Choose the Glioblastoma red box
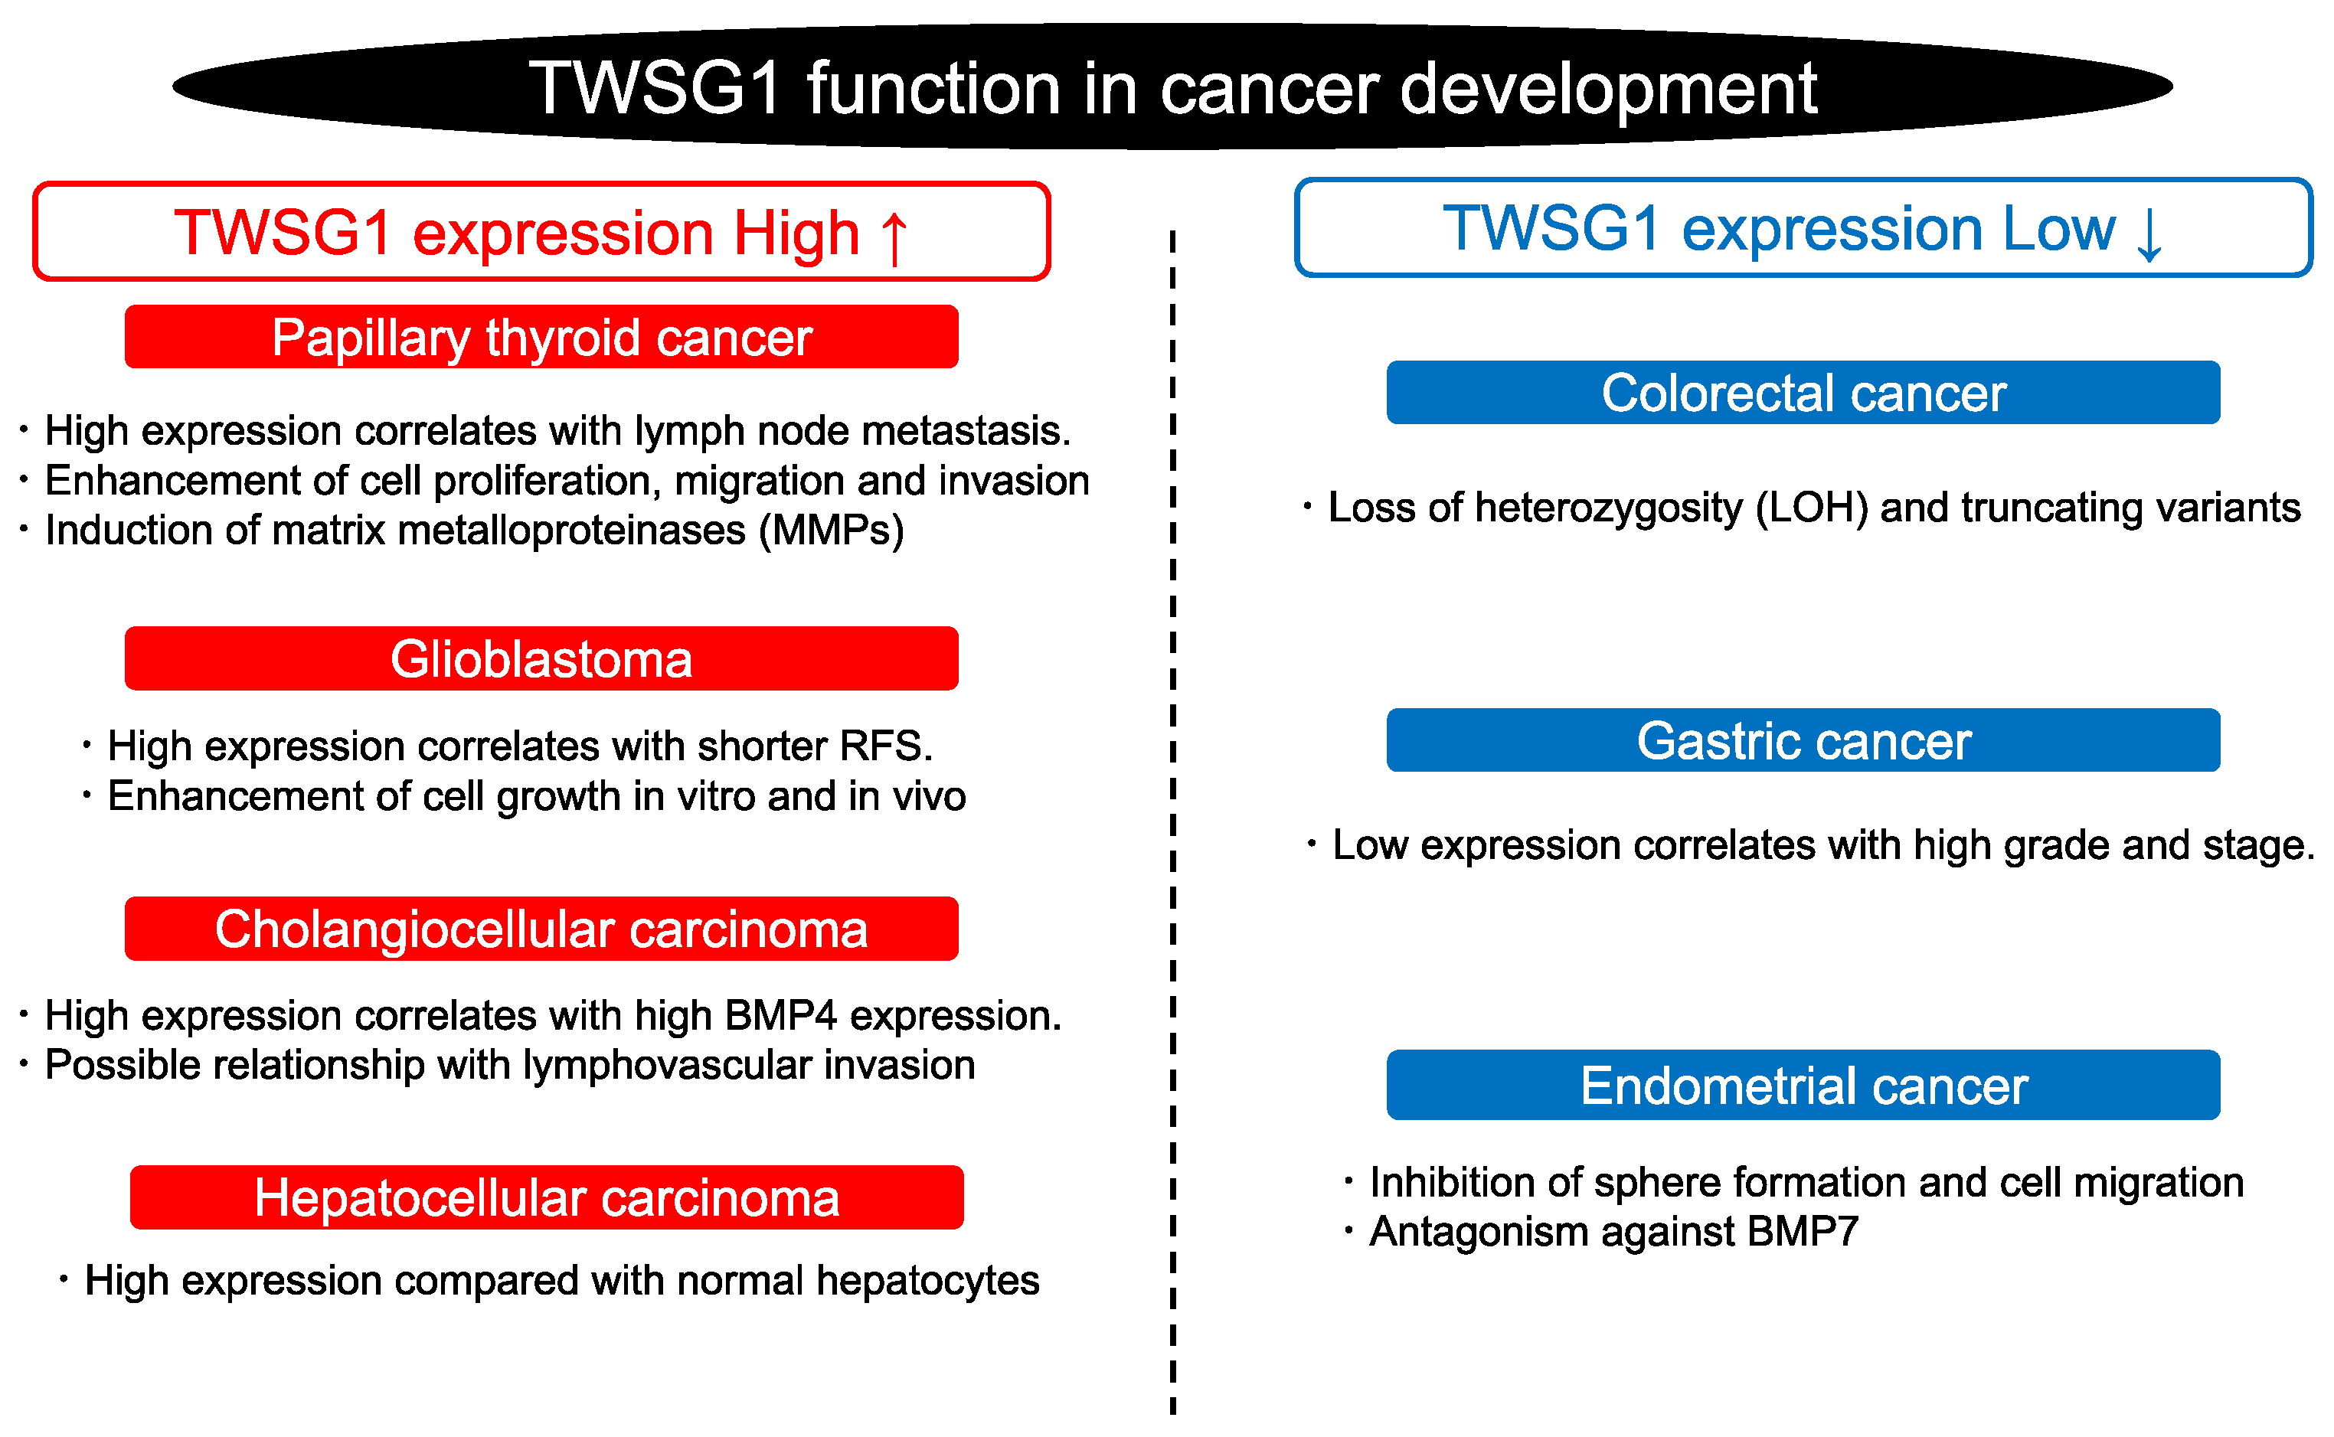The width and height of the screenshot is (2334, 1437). click(x=541, y=658)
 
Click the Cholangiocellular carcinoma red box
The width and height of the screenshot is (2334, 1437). click(x=541, y=929)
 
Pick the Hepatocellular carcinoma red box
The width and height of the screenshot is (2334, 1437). click(x=547, y=1197)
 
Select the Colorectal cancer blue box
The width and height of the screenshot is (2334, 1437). click(x=1803, y=393)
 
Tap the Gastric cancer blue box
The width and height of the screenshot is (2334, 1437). click(x=1803, y=740)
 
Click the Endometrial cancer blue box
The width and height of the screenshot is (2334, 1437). click(x=1803, y=1086)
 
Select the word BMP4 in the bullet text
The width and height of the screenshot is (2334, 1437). click(x=780, y=1016)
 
